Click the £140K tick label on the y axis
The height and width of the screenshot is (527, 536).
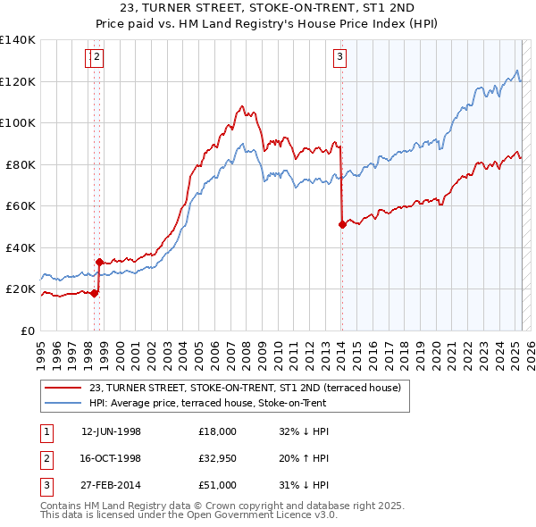pos(18,40)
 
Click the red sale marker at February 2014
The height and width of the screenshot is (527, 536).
pos(342,225)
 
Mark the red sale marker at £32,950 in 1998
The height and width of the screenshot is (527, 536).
pos(99,263)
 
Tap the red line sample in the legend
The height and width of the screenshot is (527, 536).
pos(63,388)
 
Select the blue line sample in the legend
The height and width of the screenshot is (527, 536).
pos(63,403)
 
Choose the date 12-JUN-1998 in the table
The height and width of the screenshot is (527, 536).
pos(111,431)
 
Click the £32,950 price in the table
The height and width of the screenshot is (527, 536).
pos(218,457)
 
